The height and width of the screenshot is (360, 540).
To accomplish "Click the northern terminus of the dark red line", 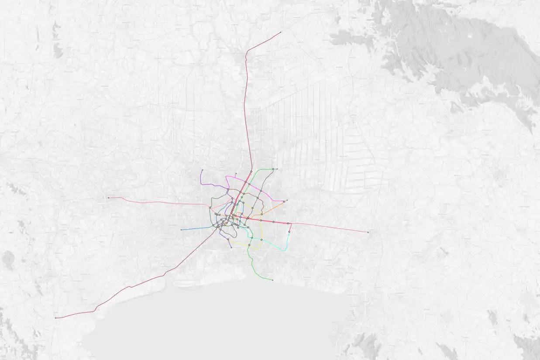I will pos(280,32).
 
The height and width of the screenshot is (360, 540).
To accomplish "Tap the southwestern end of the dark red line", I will pos(56,318).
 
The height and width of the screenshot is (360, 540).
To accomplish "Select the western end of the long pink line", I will pos(108,198).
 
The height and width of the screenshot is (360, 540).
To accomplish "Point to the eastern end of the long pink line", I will pos(368,232).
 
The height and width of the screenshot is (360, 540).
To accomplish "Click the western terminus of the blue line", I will pos(181,230).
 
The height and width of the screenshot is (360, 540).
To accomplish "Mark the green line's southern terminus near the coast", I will pos(272,280).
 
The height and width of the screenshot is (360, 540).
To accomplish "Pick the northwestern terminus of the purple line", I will pos(202,170).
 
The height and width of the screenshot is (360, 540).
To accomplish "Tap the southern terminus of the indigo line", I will pos(231,247).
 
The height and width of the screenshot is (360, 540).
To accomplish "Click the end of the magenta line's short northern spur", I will pos(236,174).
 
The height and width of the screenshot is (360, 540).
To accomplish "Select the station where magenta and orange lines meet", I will pos(284,202).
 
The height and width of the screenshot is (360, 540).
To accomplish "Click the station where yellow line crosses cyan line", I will pos(261,240).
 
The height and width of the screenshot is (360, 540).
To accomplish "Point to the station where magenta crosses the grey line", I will pos(261,191).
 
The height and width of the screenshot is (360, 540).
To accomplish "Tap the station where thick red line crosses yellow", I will pos(261,220).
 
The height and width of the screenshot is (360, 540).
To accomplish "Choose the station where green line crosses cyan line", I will pos(252,238).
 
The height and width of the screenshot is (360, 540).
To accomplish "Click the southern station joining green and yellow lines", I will pos(249,245).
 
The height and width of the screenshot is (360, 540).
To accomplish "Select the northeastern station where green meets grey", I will pos(273,169).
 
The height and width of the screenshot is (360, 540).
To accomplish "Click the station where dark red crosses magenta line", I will pos(246,182).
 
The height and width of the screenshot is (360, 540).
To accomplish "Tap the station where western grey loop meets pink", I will pos(211,207).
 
